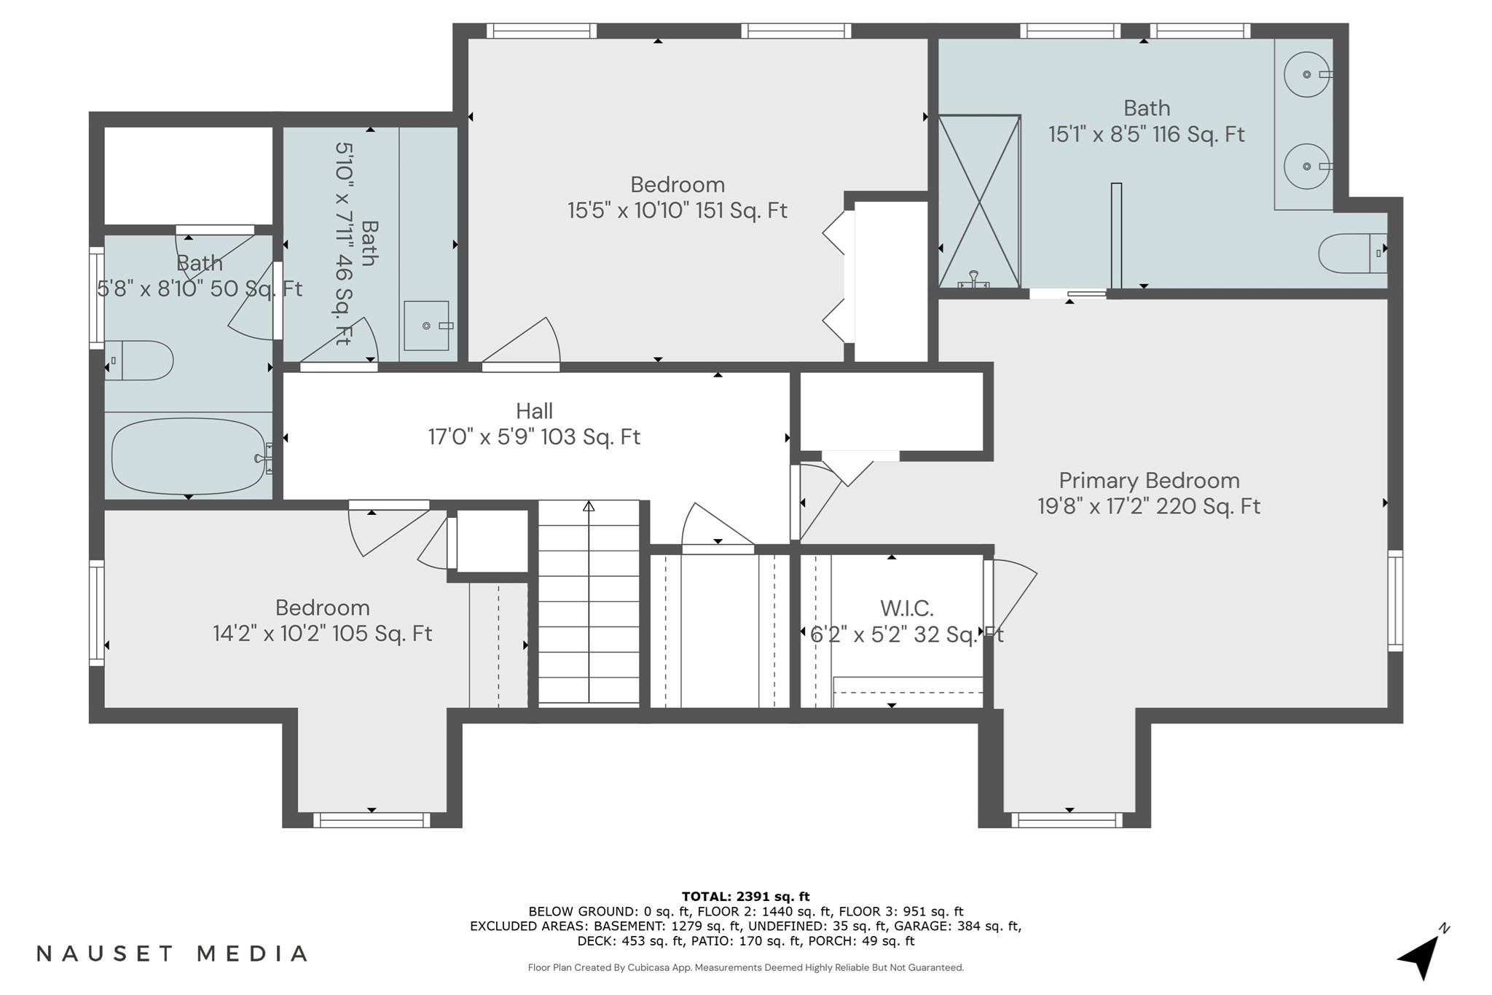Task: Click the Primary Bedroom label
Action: [x=1149, y=481]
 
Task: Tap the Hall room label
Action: [x=534, y=411]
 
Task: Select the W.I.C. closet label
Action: [x=906, y=608]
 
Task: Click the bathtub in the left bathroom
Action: [x=189, y=457]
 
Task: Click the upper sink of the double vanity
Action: [x=1307, y=74]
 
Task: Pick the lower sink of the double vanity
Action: [x=1307, y=167]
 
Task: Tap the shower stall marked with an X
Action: [x=979, y=201]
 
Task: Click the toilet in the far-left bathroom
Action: [x=139, y=361]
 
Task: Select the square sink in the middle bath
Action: [x=427, y=326]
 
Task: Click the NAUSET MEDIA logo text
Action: [x=172, y=953]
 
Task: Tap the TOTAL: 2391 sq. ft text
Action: [x=745, y=897]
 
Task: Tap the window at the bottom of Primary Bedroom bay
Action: [x=1067, y=820]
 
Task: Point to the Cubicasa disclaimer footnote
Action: [x=745, y=967]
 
